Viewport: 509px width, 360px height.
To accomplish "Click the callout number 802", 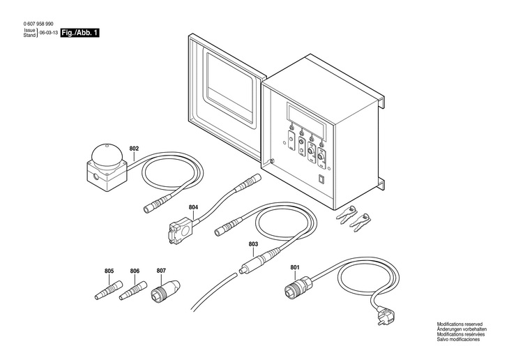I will click(135, 149).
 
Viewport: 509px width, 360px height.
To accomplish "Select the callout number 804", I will click(194, 207).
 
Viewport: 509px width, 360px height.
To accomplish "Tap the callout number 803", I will click(253, 243).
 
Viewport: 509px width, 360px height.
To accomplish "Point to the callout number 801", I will click(295, 267).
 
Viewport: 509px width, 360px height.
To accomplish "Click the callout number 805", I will click(109, 271).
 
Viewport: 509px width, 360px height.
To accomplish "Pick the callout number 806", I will click(135, 271).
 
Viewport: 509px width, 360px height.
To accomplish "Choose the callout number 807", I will click(161, 271).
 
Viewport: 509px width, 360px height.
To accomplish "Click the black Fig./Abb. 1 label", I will click(79, 33).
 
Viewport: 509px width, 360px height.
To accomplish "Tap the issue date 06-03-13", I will click(48, 33).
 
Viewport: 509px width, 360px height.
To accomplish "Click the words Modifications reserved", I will click(459, 324).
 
